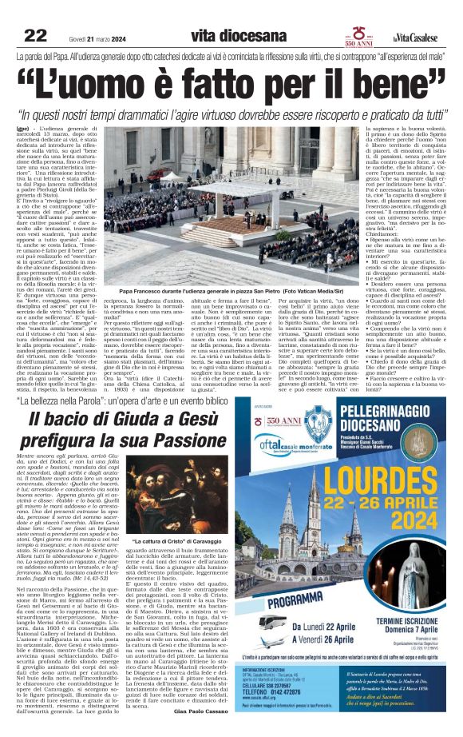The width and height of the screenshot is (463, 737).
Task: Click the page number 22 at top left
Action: click(36, 35)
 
